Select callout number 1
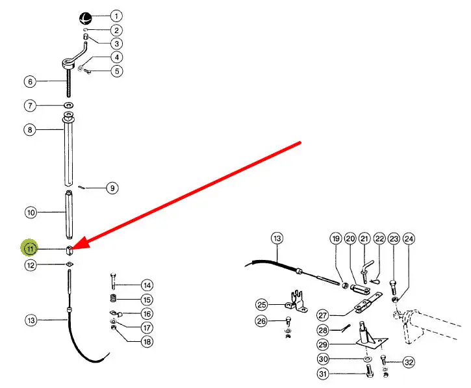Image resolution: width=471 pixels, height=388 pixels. [x=115, y=16]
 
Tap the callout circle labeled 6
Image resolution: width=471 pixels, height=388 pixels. [x=30, y=82]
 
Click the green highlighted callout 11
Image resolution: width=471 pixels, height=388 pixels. [x=30, y=248]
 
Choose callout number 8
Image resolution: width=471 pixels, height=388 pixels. [x=30, y=130]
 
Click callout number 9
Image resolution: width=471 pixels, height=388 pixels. [x=112, y=188]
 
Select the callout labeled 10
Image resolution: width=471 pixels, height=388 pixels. [x=30, y=212]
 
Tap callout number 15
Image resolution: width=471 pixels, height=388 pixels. [x=147, y=300]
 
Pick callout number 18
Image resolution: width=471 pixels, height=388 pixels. [x=147, y=342]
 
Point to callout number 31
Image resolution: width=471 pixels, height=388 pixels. [x=323, y=374]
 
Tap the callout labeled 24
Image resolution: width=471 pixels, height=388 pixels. [x=409, y=239]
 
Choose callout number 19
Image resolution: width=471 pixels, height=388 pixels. [x=336, y=239]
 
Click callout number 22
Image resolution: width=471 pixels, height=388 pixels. [x=379, y=239]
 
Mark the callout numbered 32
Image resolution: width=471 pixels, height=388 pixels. [x=409, y=362]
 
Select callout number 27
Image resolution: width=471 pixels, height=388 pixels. [x=323, y=315]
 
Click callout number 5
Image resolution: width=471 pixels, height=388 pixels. [x=116, y=71]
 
